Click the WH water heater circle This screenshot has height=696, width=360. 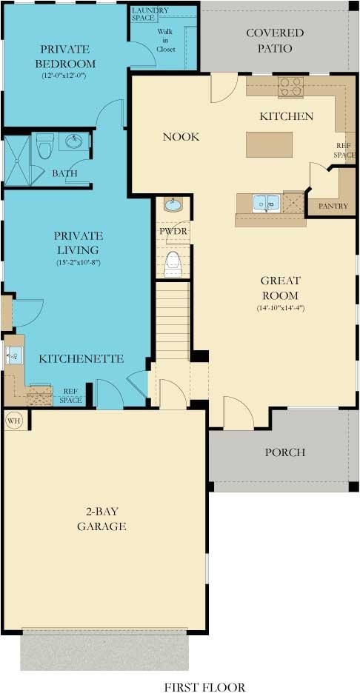point(13,421)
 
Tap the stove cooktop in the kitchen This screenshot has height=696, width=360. point(290,88)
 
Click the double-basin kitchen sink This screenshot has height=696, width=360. point(266,202)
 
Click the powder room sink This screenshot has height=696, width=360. point(173,205)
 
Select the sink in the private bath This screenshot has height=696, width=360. point(73,141)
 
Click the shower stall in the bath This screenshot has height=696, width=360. point(16,159)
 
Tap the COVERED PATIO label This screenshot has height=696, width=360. point(275,41)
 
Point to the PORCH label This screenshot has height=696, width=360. point(285,452)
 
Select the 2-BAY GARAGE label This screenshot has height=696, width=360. point(101,519)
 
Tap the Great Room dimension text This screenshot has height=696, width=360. point(281,307)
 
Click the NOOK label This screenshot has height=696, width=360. point(181,137)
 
